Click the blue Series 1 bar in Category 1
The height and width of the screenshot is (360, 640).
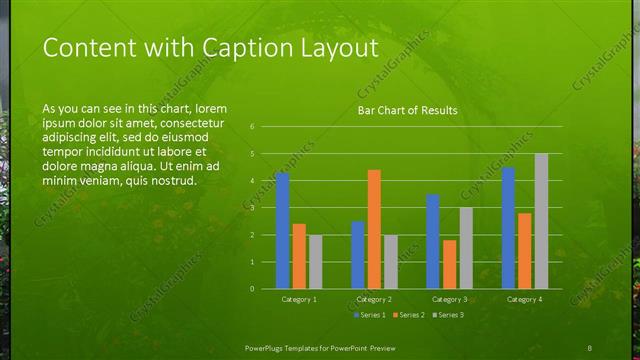tap(282, 230)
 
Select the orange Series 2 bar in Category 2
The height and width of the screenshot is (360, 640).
tap(374, 229)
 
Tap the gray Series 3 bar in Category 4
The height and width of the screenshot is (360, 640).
tap(541, 221)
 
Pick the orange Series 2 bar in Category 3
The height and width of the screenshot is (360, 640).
tap(449, 264)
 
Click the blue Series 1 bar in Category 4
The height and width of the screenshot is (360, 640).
tap(508, 228)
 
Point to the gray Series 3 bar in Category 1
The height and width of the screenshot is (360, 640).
tap(316, 262)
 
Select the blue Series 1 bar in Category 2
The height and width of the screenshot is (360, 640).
tap(357, 255)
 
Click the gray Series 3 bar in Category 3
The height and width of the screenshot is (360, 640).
tap(466, 248)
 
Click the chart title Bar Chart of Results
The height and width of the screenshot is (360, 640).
tap(407, 111)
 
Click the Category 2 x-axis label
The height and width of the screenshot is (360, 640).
tap(374, 299)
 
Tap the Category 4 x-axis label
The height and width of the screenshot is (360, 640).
tap(524, 299)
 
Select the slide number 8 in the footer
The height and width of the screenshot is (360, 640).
tap(590, 346)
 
